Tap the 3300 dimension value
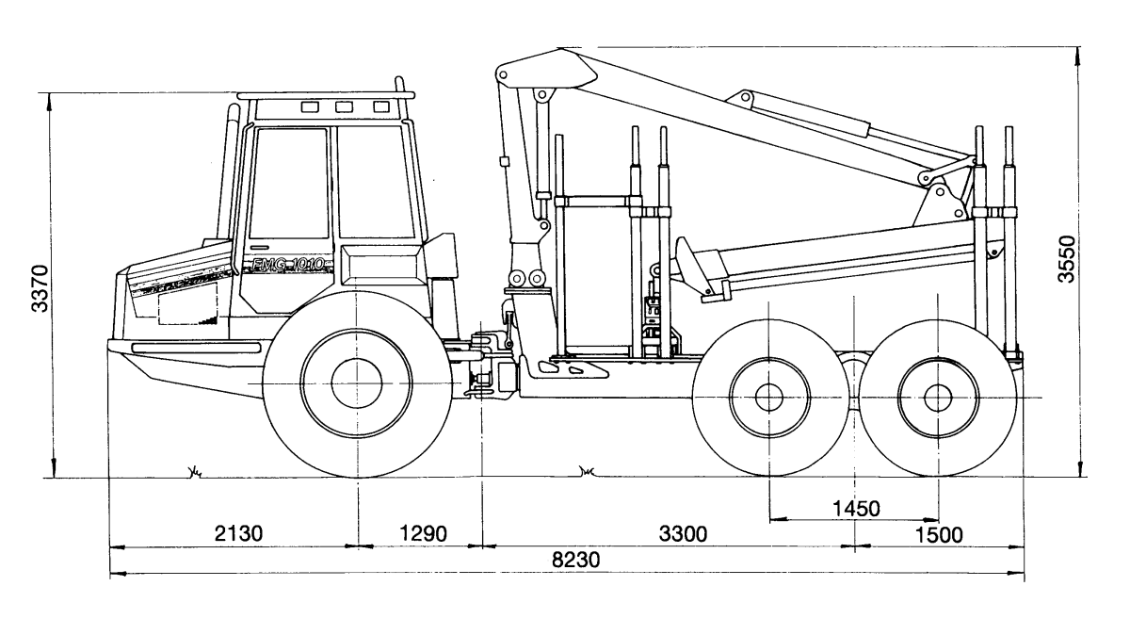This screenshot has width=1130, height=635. [x=682, y=534]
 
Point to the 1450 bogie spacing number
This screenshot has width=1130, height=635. [x=855, y=509]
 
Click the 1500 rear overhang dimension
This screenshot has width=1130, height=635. [x=938, y=534]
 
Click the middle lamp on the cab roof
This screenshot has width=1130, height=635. [x=345, y=107]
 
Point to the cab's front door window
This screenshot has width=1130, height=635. [x=287, y=184]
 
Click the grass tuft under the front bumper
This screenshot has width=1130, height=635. [x=195, y=470]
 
